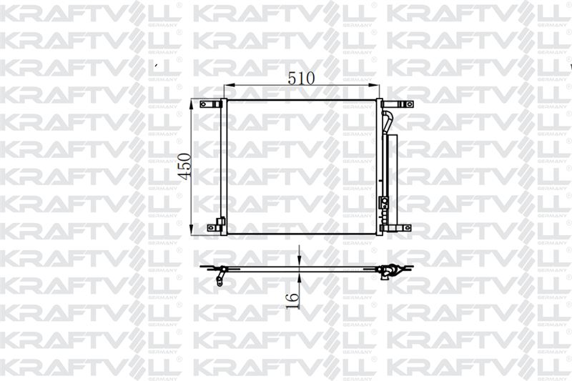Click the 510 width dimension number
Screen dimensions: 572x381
301,78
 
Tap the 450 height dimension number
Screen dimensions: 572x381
184,167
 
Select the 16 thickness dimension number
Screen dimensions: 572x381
292,301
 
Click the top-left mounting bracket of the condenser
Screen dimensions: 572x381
211,104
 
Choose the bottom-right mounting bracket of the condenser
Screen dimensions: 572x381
396,228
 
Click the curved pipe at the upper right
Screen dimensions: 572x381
387,121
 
